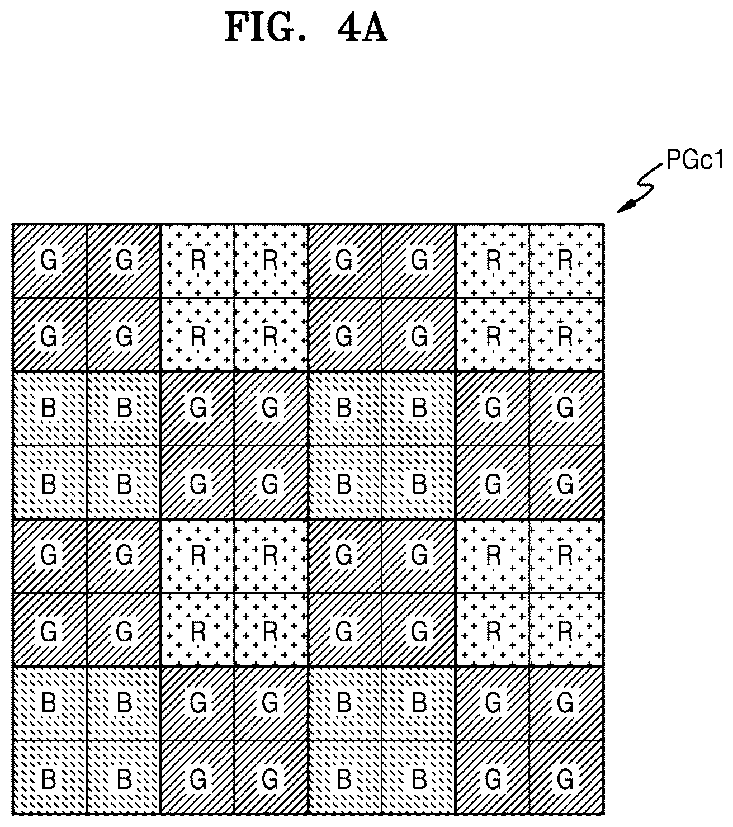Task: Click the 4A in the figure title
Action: (x=362, y=28)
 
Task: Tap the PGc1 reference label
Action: (x=694, y=159)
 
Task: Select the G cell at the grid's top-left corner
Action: (x=49, y=261)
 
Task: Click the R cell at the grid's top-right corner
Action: (x=566, y=261)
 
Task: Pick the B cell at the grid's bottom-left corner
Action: (x=49, y=778)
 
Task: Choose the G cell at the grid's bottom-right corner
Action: (x=566, y=778)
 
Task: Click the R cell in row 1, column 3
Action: (x=197, y=261)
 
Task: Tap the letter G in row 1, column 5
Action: (x=344, y=260)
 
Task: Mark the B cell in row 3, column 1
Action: (x=49, y=408)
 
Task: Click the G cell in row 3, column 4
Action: (x=271, y=408)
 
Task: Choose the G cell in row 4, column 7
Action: (x=492, y=482)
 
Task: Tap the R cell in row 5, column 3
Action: (x=197, y=556)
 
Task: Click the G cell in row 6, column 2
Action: (x=124, y=630)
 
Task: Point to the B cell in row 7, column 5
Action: (x=345, y=704)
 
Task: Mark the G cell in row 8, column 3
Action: (x=197, y=778)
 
